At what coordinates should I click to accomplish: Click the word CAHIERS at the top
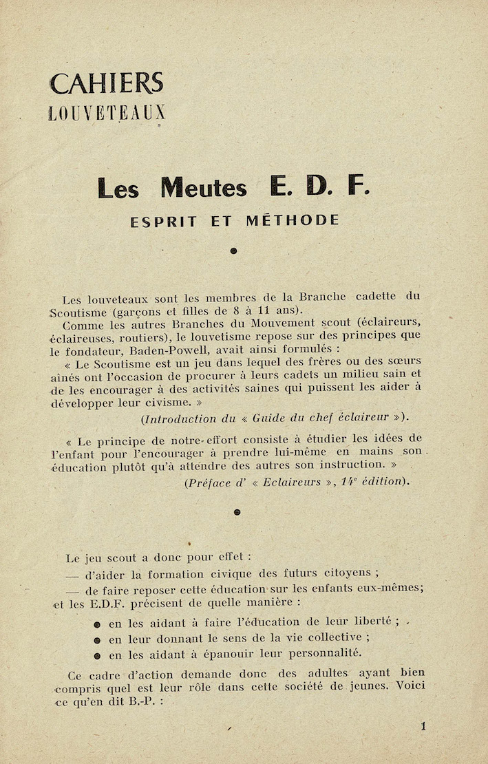[106, 84]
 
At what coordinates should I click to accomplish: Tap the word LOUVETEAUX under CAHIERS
[107, 113]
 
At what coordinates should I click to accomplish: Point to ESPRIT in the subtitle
[164, 221]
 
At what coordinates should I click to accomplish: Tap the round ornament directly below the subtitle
[233, 251]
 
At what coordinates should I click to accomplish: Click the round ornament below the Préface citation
[237, 511]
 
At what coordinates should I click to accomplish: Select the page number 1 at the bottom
[423, 725]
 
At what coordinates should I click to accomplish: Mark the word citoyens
[341, 573]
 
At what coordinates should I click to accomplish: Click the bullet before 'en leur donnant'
[98, 639]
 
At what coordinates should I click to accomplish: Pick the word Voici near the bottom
[409, 686]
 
